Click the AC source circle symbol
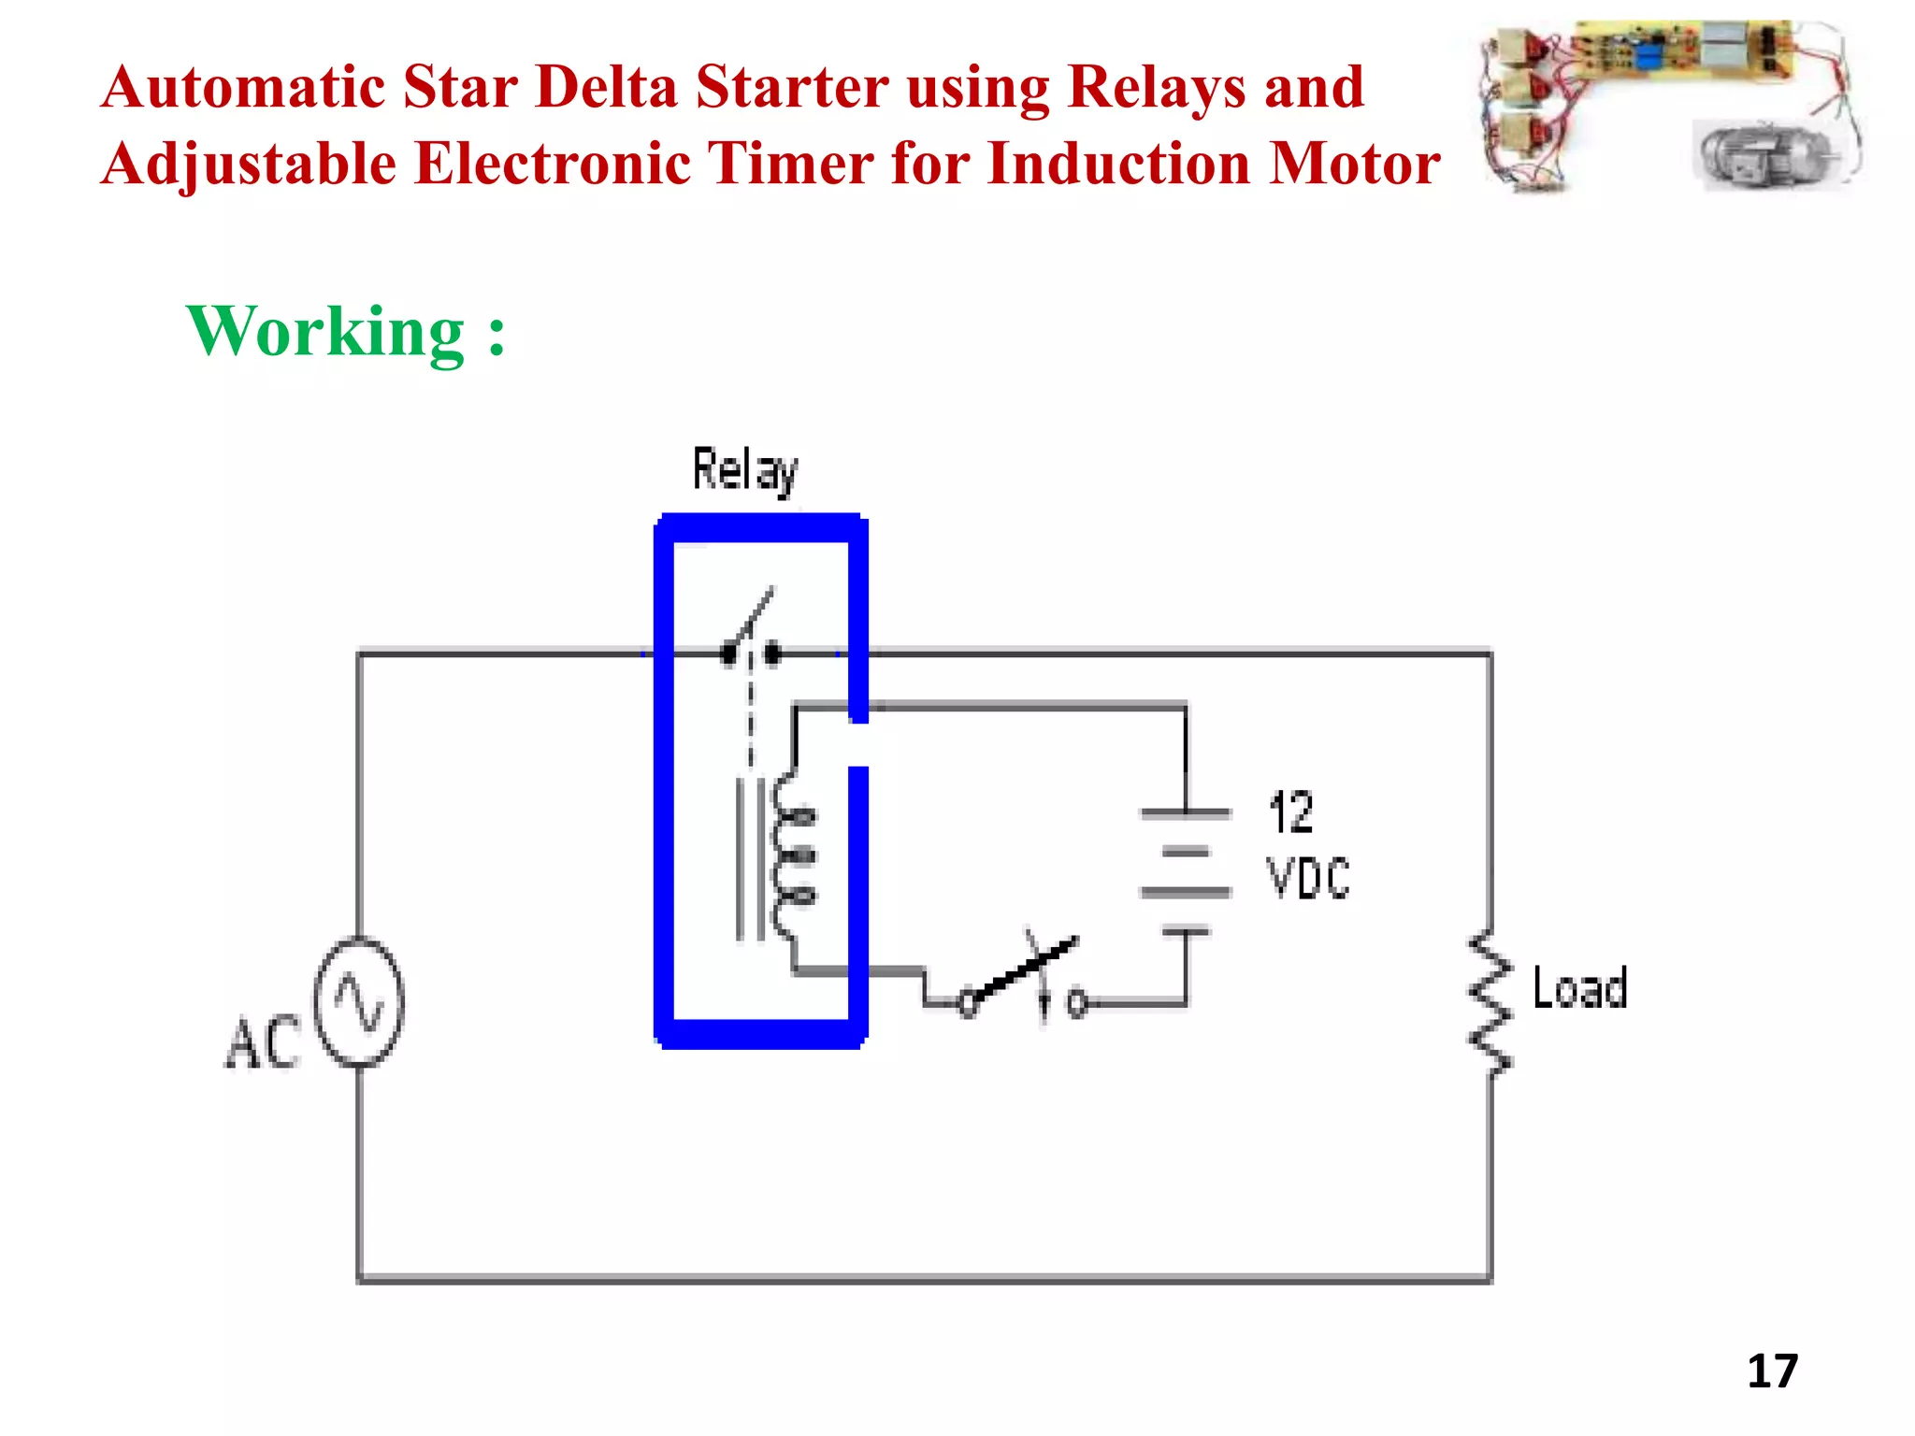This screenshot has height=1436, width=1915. pyautogui.click(x=359, y=1001)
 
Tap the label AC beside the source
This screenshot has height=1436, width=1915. pyautogui.click(x=263, y=1043)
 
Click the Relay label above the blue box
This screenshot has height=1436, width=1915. pyautogui.click(x=745, y=469)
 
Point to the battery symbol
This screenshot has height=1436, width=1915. pyautogui.click(x=1186, y=871)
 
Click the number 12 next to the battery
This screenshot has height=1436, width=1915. pyautogui.click(x=1291, y=811)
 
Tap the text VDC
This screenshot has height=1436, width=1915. pyautogui.click(x=1308, y=878)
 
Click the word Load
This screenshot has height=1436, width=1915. pyautogui.click(x=1580, y=988)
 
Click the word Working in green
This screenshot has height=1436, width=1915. pyautogui.click(x=325, y=332)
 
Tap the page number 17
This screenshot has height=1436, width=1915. pyautogui.click(x=1772, y=1371)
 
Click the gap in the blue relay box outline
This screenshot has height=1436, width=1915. pyautogui.click(x=858, y=745)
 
